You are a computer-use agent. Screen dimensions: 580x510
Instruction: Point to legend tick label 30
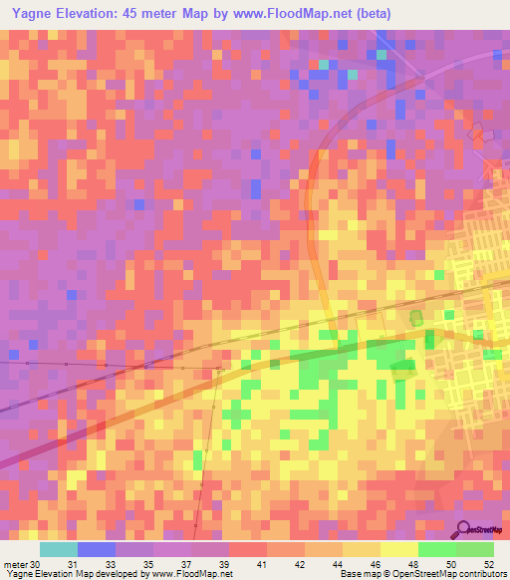(37, 563)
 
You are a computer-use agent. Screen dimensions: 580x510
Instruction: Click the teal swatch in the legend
(59, 549)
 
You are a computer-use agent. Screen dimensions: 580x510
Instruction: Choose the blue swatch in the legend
(97, 549)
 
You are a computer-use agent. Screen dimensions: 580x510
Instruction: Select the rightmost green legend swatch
(475, 549)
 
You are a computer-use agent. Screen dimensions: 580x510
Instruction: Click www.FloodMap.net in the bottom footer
(188, 574)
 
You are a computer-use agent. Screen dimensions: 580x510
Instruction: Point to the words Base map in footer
(359, 574)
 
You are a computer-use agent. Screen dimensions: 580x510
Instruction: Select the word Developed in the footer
(114, 574)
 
